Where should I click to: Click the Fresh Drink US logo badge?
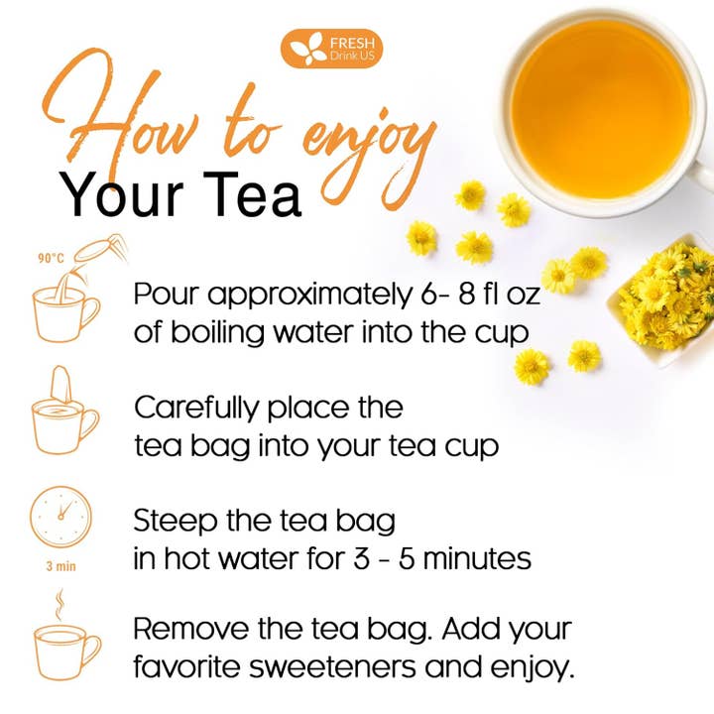(331, 49)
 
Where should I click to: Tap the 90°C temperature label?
(52, 259)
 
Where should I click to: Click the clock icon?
(60, 516)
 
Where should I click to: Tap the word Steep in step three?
(170, 521)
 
